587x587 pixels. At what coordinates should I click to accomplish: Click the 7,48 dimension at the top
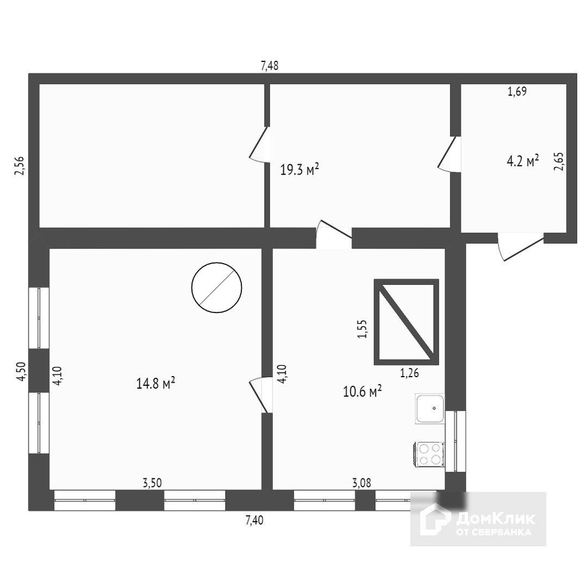270,66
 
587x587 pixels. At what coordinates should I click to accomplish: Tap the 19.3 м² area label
299,170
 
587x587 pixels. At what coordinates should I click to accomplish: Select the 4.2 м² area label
523,161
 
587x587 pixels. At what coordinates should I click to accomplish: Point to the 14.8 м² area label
155,384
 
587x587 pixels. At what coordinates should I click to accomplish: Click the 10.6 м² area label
362,391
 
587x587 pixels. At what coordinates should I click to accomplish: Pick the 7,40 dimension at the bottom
254,520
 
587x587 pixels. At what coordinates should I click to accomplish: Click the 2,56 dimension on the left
20,165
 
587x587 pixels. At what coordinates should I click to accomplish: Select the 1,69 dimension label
517,92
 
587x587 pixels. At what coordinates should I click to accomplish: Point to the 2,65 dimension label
559,161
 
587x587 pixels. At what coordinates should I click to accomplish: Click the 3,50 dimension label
152,482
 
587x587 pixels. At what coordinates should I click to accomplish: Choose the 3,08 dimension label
362,482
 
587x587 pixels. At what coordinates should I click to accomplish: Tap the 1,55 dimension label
363,329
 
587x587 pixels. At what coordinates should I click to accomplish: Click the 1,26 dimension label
409,373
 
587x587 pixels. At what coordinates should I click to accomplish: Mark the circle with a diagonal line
216,288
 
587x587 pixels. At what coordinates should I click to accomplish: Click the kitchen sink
430,409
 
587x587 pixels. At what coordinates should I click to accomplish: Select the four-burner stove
429,454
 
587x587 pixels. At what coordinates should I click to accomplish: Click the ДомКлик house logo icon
434,519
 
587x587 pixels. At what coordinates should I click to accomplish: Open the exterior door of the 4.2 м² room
521,247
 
